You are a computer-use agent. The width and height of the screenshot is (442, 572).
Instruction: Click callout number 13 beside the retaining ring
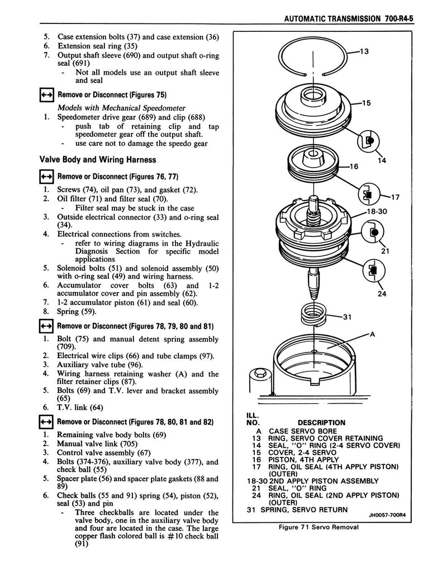(364, 52)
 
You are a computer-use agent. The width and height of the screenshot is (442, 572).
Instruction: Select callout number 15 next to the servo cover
(367, 103)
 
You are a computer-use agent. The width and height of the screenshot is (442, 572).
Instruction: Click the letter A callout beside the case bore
(372, 334)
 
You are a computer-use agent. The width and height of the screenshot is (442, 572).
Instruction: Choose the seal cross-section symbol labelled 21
(372, 231)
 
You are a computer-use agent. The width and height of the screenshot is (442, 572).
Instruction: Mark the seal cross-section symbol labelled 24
(372, 270)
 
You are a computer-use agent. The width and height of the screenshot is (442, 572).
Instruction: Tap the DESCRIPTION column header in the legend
(321, 422)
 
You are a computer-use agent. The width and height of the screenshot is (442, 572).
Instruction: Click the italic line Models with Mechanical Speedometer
(121, 107)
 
